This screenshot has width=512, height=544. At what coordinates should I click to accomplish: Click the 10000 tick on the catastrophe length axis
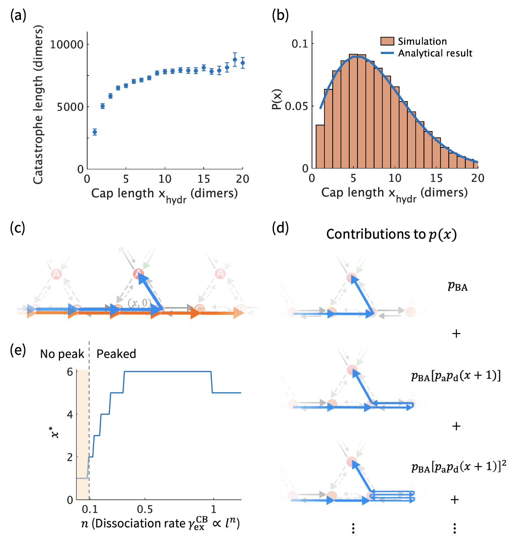[x=67, y=44]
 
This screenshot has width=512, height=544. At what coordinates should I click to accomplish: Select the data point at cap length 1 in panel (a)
[x=95, y=132]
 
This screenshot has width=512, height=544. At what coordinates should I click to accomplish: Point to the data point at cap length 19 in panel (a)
[x=234, y=60]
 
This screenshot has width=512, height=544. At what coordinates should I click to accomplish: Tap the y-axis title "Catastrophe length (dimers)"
[x=38, y=105]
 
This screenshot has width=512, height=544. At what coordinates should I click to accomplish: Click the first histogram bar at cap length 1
[x=320, y=146]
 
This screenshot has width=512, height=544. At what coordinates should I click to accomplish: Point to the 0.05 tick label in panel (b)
[x=297, y=106]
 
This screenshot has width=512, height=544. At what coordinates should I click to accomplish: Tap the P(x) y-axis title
[x=277, y=99]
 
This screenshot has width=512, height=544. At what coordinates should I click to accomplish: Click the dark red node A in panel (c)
[x=138, y=274]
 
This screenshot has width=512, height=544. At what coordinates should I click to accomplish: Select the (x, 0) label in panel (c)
[x=139, y=303]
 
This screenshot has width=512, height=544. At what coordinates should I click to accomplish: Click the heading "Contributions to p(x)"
[x=391, y=234]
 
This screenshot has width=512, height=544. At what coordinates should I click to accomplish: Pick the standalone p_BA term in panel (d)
[x=458, y=286]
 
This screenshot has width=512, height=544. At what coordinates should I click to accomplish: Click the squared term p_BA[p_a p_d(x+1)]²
[x=458, y=467]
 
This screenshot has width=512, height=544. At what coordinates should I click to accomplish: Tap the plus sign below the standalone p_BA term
[x=456, y=334]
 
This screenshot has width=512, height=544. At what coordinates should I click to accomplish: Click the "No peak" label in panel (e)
[x=62, y=354]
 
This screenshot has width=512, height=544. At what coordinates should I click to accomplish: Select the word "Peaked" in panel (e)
[x=116, y=354]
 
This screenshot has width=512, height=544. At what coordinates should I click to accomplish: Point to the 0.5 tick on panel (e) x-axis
[x=145, y=509]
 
